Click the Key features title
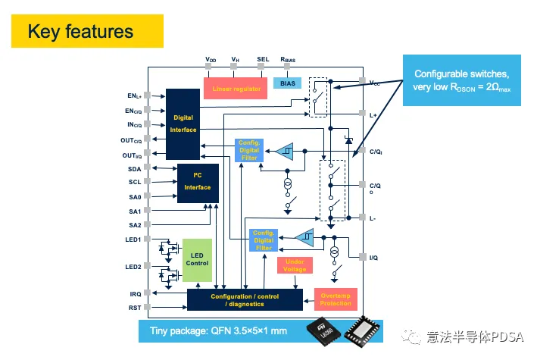pyautogui.click(x=80, y=31)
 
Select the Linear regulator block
pyautogui.click(x=236, y=89)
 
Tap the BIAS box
pyautogui.click(x=288, y=83)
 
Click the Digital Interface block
pyautogui.click(x=183, y=124)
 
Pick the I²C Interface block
pyautogui.click(x=198, y=183)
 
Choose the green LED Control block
pyautogui.click(x=197, y=259)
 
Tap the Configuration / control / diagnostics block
pyautogui.click(x=238, y=299)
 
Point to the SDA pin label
pyautogui.click(x=135, y=168)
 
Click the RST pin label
pyautogui.click(x=135, y=307)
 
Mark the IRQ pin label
pyautogui.click(x=135, y=293)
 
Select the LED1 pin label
pyautogui.click(x=133, y=239)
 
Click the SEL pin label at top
pyautogui.click(x=263, y=58)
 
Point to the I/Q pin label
pyautogui.click(x=373, y=258)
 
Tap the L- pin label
pyautogui.click(x=373, y=218)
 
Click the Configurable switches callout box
pyautogui.click(x=461, y=80)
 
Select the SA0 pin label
pyautogui.click(x=135, y=196)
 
